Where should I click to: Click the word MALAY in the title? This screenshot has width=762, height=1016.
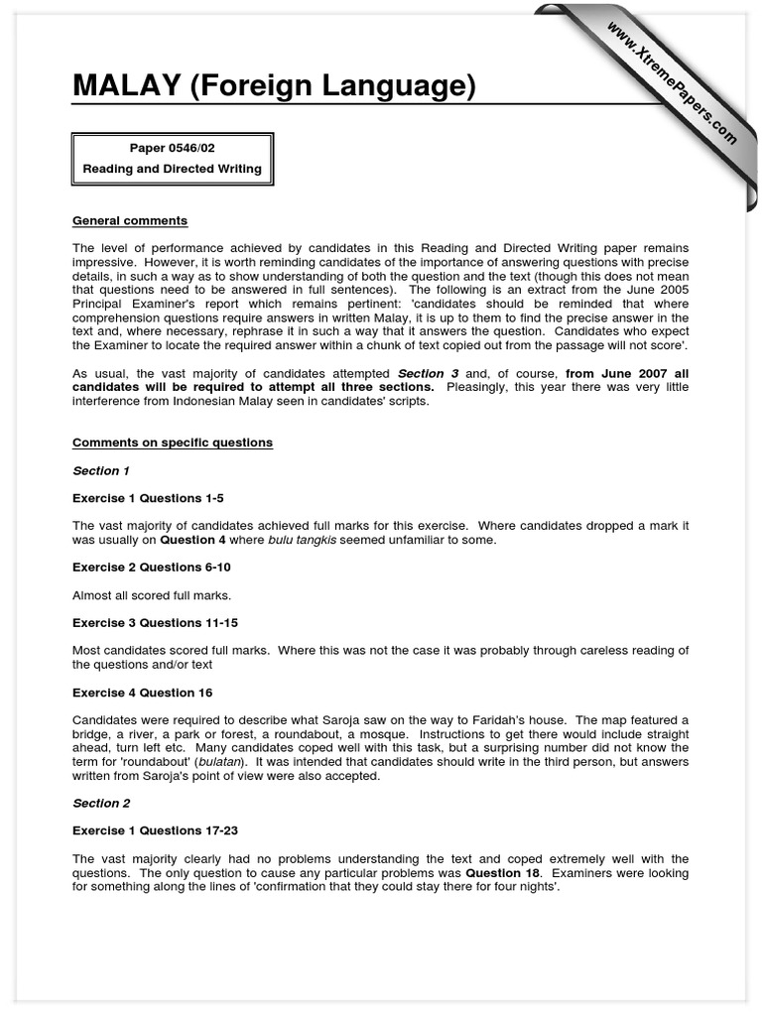click(x=125, y=87)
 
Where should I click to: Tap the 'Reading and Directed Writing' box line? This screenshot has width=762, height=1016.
click(x=172, y=169)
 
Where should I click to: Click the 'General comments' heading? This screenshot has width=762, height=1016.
click(x=130, y=220)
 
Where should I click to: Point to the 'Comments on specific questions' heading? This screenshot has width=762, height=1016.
click(x=173, y=443)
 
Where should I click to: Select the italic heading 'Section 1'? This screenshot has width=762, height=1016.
click(x=101, y=470)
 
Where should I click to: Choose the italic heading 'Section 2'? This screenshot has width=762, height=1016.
click(x=101, y=803)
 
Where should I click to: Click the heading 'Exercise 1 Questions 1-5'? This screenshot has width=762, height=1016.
click(x=155, y=497)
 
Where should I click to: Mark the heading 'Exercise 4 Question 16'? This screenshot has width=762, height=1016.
click(x=143, y=693)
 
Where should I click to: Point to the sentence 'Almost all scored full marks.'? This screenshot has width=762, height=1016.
click(x=152, y=595)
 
